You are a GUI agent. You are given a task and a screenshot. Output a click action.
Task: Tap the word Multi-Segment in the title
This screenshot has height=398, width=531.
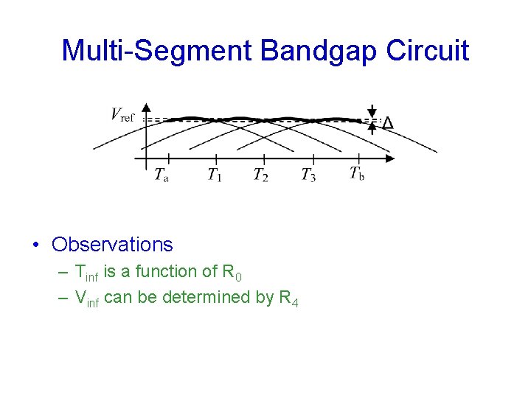[157, 51]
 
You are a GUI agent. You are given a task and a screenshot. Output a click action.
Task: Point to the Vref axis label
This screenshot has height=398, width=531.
[122, 114]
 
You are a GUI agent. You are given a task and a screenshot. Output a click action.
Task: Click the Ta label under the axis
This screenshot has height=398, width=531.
[161, 175]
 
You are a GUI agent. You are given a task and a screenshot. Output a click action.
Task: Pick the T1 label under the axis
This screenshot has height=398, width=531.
[214, 175]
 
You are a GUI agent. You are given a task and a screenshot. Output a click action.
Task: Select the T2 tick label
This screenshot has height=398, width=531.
[260, 175]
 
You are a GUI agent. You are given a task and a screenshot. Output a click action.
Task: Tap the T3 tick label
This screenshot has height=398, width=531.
[308, 175]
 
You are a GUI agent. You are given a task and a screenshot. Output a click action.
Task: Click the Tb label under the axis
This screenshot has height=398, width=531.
[357, 174]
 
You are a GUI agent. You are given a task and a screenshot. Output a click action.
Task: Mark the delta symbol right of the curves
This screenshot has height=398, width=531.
[387, 123]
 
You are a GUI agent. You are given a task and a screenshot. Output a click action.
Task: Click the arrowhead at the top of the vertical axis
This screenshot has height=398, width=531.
[147, 108]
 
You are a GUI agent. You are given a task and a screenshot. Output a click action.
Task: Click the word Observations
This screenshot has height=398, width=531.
[112, 245]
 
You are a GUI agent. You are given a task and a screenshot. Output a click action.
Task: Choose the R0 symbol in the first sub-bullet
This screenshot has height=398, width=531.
[231, 273]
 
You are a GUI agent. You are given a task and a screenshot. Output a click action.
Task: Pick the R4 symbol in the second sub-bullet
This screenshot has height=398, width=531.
[288, 298]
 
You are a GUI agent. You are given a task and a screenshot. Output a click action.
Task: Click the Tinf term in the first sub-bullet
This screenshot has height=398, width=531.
[86, 273]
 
